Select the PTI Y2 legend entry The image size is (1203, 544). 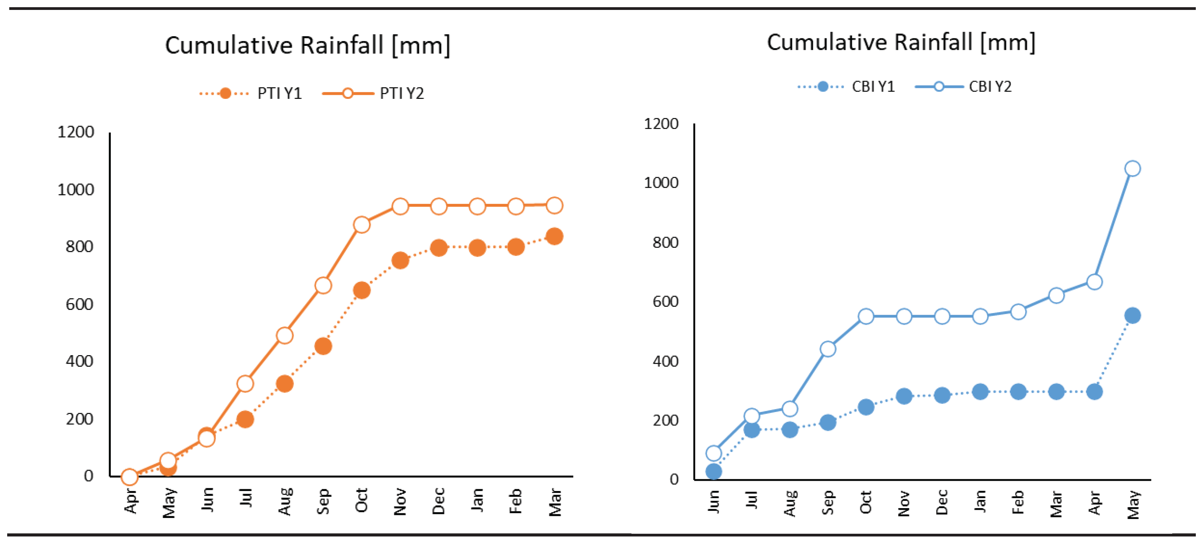coord(374,93)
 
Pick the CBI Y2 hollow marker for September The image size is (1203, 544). coord(827,349)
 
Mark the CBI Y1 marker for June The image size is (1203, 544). coord(713,471)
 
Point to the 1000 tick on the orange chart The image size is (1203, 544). coord(76,190)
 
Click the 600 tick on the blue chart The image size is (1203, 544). coord(665,302)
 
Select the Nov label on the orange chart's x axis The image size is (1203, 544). coord(400,502)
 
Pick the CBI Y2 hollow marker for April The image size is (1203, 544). coord(1094,282)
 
